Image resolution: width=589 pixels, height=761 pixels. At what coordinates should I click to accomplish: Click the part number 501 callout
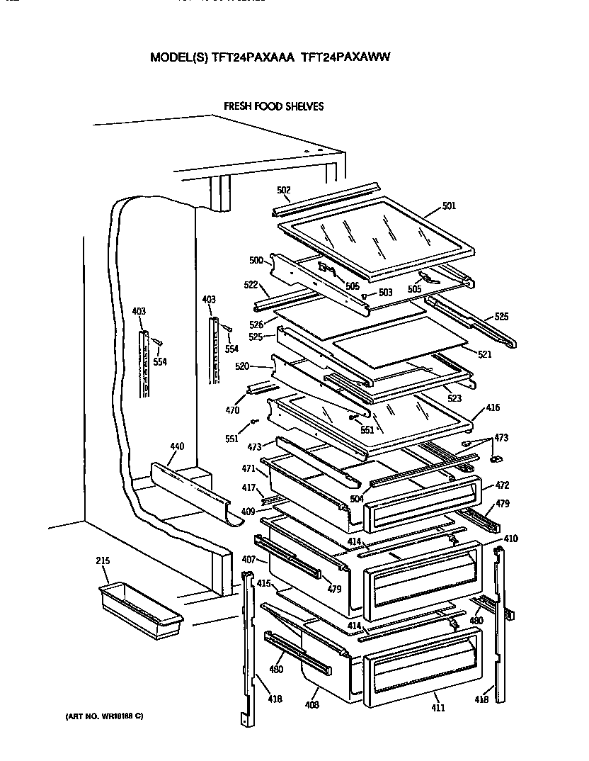pos(449,206)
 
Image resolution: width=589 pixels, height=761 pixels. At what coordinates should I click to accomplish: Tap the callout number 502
pos(283,191)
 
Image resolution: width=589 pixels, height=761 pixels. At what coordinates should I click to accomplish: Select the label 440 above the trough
pos(177,446)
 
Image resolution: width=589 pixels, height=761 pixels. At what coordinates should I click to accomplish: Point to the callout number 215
pos(103,561)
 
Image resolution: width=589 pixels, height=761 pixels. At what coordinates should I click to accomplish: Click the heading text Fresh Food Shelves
pos(274,106)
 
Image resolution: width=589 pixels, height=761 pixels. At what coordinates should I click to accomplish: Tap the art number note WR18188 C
pos(99,716)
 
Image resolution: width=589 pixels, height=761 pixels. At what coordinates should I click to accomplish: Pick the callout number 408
pos(312,705)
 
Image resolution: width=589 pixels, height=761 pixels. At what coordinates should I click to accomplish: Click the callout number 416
pos(493,408)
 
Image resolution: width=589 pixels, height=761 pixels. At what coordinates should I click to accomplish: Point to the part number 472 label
pos(502,485)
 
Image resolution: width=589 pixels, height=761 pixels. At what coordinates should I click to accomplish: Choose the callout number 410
pos(510,539)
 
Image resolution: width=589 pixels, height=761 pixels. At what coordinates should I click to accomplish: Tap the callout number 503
pos(385,293)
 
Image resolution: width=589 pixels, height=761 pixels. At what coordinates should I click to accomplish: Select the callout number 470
pos(232,410)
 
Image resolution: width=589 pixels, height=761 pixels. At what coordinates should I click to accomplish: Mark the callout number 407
pos(248,559)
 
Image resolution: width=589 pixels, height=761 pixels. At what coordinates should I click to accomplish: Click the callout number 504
pos(357,499)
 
